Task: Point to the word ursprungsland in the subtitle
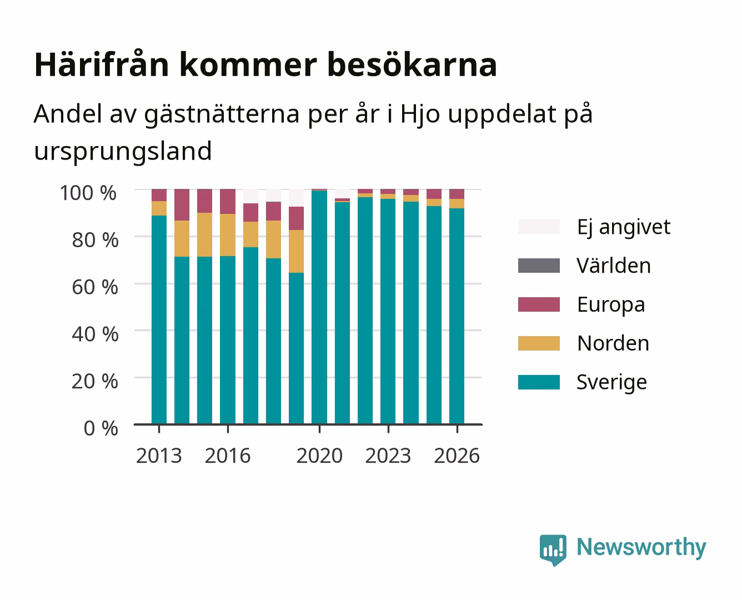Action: coord(123,152)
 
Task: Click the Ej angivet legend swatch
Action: coord(539,227)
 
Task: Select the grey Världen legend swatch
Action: coord(539,266)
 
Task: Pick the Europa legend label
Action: coord(611,305)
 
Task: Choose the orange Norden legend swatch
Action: coord(539,343)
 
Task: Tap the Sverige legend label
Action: coord(611,382)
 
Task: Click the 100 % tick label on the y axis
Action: coord(88,193)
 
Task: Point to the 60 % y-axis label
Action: coord(95,287)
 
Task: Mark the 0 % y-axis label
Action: coord(101,428)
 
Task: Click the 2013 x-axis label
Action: coord(159,456)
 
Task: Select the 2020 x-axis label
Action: coord(319,456)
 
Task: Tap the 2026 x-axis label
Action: coord(457,456)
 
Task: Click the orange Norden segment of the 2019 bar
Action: coord(296,251)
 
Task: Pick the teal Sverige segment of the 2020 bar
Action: coord(319,307)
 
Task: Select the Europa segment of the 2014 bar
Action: coord(182,205)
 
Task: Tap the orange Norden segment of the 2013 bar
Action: coord(159,208)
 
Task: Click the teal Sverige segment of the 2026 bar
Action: coord(457,316)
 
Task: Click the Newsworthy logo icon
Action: coord(553,550)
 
